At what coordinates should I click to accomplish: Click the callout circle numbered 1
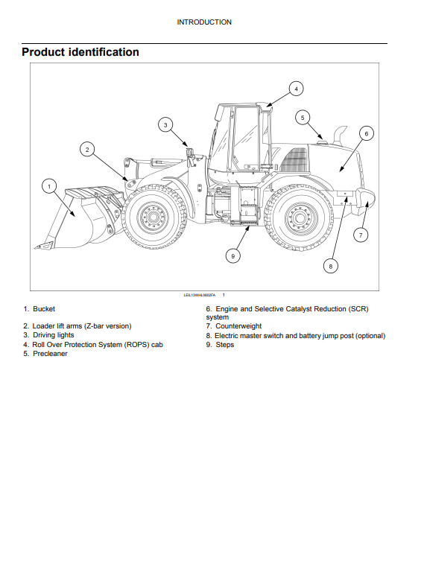tap(49, 187)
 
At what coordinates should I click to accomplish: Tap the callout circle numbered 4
tap(296, 89)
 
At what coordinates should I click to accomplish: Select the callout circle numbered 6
tap(366, 133)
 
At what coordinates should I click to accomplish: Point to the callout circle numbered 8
tap(330, 267)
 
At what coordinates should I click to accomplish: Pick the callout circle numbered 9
tap(233, 256)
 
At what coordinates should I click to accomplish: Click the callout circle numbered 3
tap(165, 125)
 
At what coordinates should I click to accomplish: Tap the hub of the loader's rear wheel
tap(298, 218)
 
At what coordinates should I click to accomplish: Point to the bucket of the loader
tap(80, 217)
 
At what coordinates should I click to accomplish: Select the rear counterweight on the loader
tap(365, 199)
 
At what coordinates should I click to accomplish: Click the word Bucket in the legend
tap(44, 309)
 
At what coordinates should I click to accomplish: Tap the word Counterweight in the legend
tap(238, 326)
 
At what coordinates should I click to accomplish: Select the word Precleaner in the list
tap(50, 354)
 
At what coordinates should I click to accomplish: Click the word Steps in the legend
tap(224, 345)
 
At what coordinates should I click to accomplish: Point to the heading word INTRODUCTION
tap(204, 22)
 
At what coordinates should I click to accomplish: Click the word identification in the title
tap(104, 52)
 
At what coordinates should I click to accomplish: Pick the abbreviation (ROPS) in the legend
tap(137, 345)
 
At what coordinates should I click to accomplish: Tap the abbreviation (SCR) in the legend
tap(358, 309)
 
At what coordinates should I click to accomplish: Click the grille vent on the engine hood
tap(295, 160)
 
